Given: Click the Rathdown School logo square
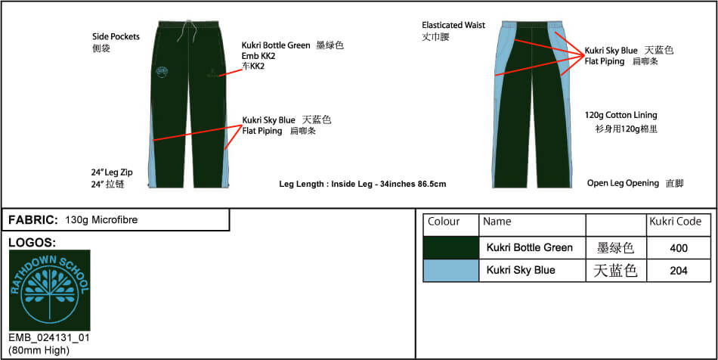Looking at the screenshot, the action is click(x=49, y=290).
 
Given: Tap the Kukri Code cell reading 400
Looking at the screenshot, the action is click(x=678, y=248).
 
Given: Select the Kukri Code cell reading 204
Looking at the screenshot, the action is click(x=678, y=271).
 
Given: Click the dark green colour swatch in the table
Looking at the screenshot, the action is click(x=451, y=248).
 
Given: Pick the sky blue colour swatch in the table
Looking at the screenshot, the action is click(x=451, y=271).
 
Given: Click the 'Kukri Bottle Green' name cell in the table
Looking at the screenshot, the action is click(x=529, y=248).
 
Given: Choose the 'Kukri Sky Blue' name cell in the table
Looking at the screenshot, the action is click(x=521, y=270).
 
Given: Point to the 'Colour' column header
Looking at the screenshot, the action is click(x=443, y=222).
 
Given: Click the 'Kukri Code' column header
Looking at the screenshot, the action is click(x=676, y=222).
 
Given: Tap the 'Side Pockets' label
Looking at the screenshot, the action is click(x=116, y=36).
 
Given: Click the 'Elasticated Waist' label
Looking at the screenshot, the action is click(x=453, y=25).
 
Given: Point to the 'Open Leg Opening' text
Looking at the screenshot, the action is click(x=624, y=183).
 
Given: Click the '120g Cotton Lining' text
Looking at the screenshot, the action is click(x=621, y=115).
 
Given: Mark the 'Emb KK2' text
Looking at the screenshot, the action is click(x=258, y=56).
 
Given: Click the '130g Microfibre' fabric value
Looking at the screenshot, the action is click(x=102, y=220).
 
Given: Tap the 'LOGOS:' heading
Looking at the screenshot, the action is click(x=32, y=243).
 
